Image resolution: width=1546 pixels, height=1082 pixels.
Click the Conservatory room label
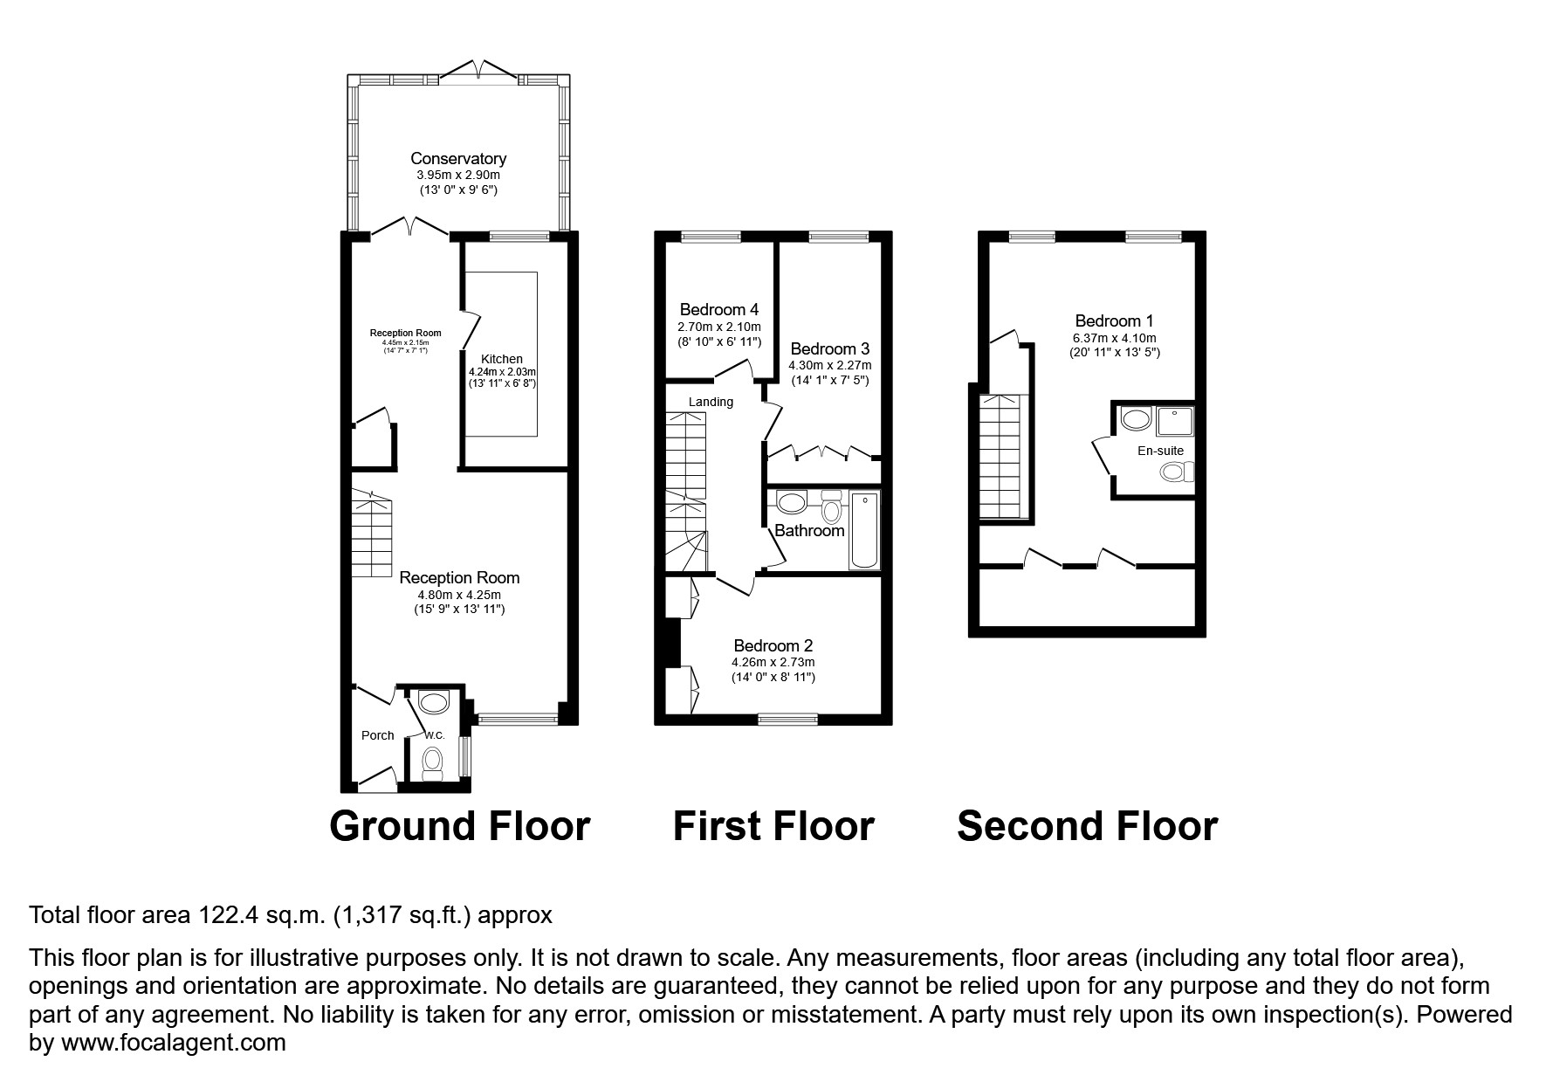coord(458,159)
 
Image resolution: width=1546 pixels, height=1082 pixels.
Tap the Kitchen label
coord(502,359)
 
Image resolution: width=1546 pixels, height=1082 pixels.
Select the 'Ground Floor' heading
coord(460,826)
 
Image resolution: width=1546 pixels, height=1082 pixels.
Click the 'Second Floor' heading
coord(1087,826)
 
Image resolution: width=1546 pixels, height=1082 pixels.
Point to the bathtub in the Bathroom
coord(866,530)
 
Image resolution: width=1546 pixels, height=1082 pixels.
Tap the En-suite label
coord(1160,451)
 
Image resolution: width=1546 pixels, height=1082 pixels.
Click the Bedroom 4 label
coord(719,309)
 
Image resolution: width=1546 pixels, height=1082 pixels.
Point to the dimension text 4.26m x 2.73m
coord(773,663)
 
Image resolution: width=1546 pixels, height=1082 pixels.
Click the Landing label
coord(711,402)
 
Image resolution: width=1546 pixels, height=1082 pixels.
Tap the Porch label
coord(378,735)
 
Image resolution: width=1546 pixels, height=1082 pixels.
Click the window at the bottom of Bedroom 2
coord(787,719)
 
